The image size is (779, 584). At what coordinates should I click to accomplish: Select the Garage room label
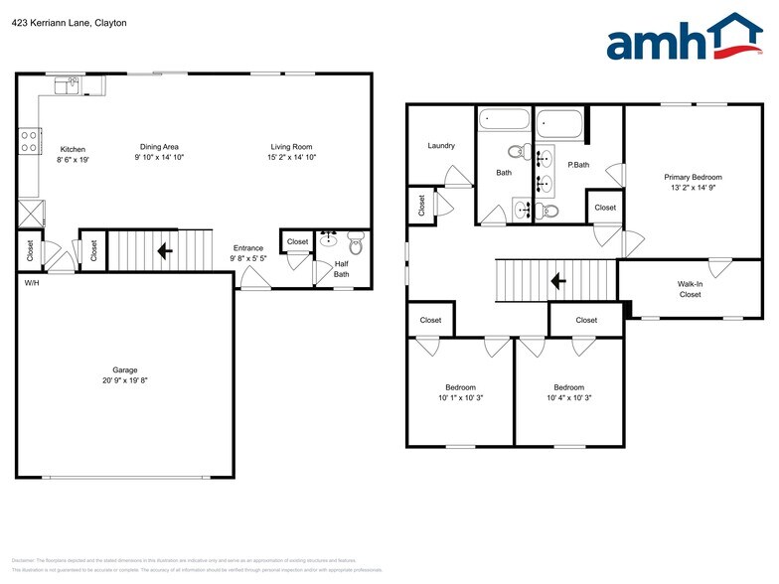coord(123,369)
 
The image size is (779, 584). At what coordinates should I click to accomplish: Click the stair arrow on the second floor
coord(558,281)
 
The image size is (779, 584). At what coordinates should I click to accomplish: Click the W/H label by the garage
coord(32,283)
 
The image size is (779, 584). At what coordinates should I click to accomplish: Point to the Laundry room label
coord(441,146)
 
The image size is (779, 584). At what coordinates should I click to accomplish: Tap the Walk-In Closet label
coord(690,289)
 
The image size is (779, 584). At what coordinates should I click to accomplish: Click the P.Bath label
coord(578,165)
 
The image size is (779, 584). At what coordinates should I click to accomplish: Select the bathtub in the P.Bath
coord(559,125)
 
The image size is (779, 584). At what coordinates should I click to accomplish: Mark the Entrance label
coord(247,248)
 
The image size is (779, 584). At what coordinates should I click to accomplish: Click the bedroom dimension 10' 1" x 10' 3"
coord(460,398)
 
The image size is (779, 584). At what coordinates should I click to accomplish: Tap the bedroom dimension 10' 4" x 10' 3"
coord(568,398)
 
